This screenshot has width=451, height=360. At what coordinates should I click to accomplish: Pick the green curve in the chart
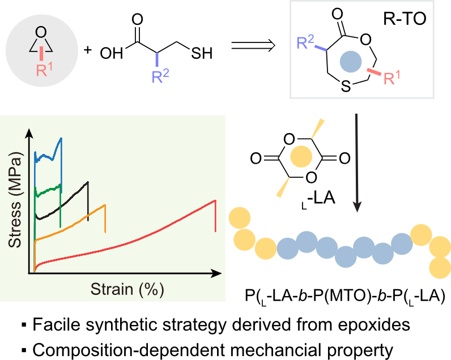tap(48, 190)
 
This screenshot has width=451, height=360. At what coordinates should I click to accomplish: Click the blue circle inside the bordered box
tap(351, 61)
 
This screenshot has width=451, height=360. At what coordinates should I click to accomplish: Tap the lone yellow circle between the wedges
tap(301, 156)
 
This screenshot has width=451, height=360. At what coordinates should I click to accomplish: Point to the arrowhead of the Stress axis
tap(29, 134)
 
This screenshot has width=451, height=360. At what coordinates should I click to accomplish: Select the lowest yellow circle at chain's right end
tap(440, 268)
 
